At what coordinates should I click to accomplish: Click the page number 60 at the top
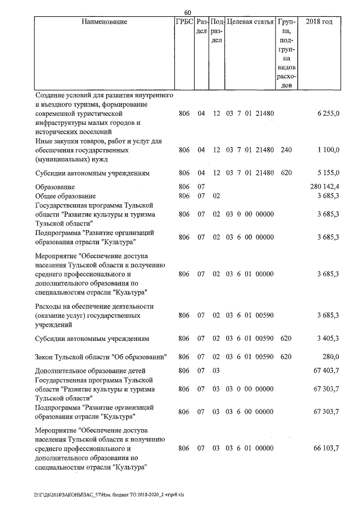click(188, 12)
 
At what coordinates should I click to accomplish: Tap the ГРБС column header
click(184, 22)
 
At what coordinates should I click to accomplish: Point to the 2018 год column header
click(318, 22)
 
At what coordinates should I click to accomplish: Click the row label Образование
click(55, 186)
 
